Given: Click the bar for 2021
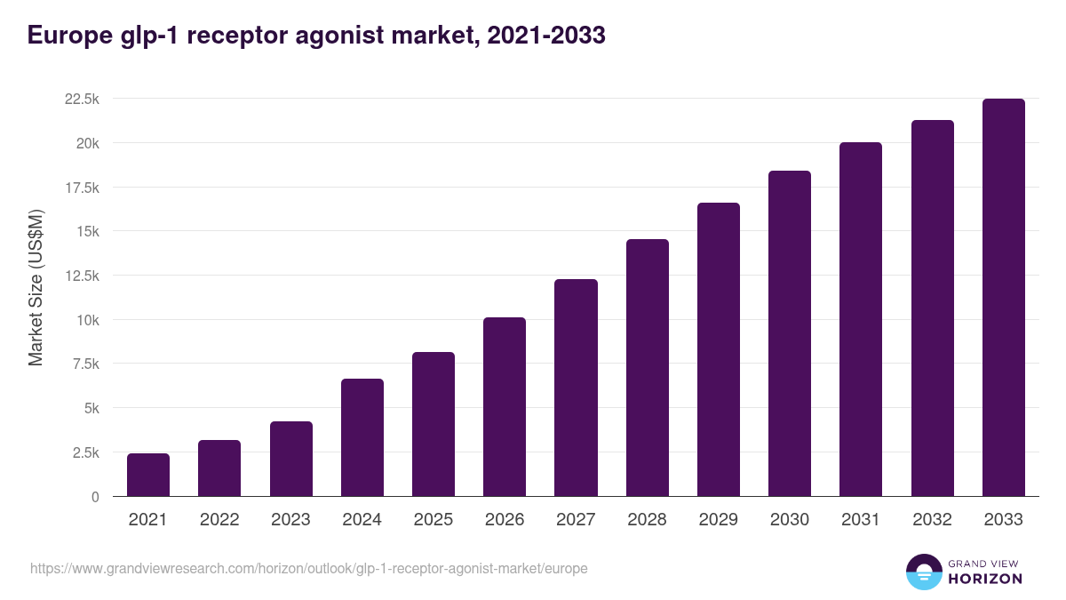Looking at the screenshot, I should pyautogui.click(x=148, y=475).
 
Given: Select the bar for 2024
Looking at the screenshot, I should pyautogui.click(x=362, y=437).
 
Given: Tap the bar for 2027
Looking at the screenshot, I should pyautogui.click(x=576, y=388).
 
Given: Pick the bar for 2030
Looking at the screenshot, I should pyautogui.click(x=790, y=333).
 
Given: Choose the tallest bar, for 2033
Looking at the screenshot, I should pyautogui.click(x=1003, y=298).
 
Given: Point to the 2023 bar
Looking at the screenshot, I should pyautogui.click(x=290, y=459).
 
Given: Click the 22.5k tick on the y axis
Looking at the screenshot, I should pyautogui.click(x=82, y=99).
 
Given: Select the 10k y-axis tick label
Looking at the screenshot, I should pyautogui.click(x=87, y=320).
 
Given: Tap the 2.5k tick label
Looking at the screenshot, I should pyautogui.click(x=85, y=452).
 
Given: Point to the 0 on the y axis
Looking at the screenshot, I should pyautogui.click(x=94, y=497).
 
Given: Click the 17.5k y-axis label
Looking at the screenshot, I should pyautogui.click(x=82, y=188).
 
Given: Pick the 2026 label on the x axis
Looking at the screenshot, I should pyautogui.click(x=505, y=520).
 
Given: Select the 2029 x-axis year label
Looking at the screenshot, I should pyautogui.click(x=718, y=520).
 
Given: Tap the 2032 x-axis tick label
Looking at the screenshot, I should pyautogui.click(x=932, y=520).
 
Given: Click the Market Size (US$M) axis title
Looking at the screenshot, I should pyautogui.click(x=36, y=287).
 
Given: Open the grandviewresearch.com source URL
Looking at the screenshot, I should pyautogui.click(x=309, y=568).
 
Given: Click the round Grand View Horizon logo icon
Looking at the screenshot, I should pyautogui.click(x=923, y=572).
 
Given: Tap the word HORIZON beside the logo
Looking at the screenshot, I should pyautogui.click(x=985, y=579).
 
